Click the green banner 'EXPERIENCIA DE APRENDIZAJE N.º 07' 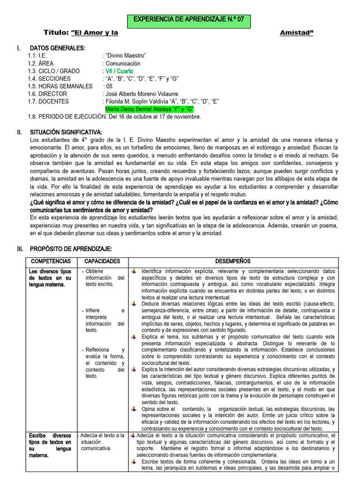tap(189, 21)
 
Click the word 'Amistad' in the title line tap(296, 33)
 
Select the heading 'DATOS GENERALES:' tap(57, 48)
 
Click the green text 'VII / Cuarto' tap(119, 71)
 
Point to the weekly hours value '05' tap(109, 86)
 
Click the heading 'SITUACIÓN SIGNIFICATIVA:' tap(66, 132)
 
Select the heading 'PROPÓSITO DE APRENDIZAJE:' tap(71, 248)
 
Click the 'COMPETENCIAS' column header tap(51, 261)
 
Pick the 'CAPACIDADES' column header tap(102, 261)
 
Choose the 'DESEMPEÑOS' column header tap(232, 261)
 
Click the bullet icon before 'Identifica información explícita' tap(134, 271)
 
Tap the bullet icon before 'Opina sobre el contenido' tap(134, 409)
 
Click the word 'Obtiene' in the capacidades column tap(95, 271)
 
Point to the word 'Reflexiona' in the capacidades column tap(97, 350)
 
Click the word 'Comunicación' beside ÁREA tap(123, 63)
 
